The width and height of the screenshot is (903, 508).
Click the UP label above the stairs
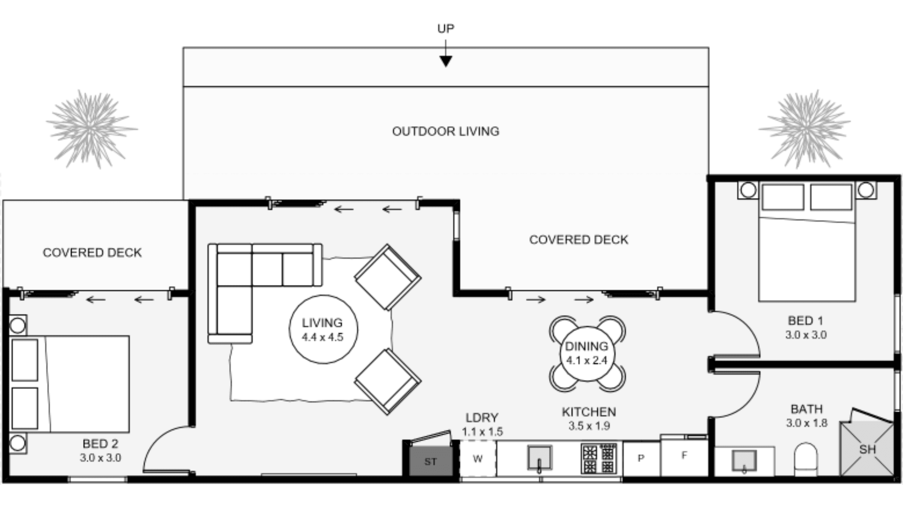(445, 29)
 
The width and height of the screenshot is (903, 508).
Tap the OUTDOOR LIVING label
(445, 131)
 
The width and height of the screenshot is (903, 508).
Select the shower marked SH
(867, 449)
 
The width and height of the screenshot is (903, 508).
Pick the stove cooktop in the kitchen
(599, 458)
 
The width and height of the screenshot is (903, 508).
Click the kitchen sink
(540, 458)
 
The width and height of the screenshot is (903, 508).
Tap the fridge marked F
(684, 456)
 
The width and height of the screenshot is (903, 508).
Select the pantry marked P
(641, 458)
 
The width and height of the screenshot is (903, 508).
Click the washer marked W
(477, 459)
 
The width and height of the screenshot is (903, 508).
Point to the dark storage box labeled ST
(430, 461)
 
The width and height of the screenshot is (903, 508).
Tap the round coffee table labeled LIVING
(323, 330)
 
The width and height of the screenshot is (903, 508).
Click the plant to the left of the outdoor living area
(91, 129)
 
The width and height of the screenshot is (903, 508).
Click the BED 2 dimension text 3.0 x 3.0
(100, 458)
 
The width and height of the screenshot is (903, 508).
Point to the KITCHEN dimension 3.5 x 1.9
(589, 426)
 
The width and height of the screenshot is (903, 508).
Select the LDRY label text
(482, 418)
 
